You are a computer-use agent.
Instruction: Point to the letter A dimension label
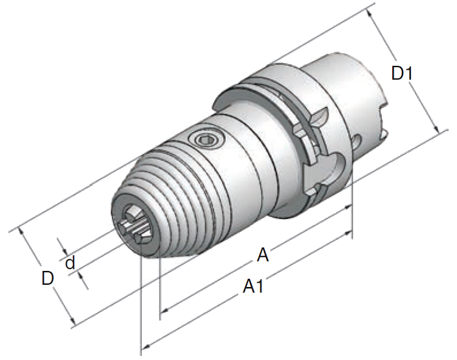[x=263, y=256]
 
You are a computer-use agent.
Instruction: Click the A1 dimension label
[x=254, y=287]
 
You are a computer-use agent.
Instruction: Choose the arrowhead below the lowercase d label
[x=83, y=282]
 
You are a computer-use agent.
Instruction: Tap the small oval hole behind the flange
[x=358, y=141]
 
